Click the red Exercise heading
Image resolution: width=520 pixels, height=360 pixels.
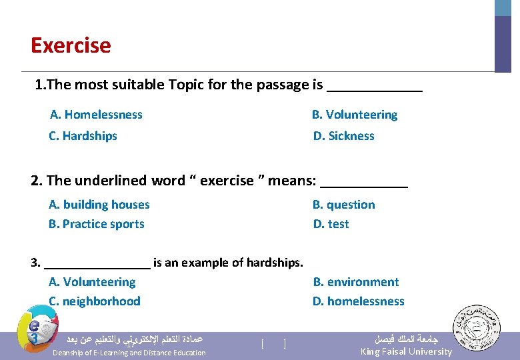point(71,46)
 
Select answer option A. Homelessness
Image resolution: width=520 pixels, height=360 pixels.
point(96,115)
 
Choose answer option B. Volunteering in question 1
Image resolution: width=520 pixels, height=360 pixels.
point(355,115)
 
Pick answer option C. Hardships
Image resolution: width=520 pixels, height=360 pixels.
point(83,136)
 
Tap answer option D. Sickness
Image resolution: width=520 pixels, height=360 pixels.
point(344,136)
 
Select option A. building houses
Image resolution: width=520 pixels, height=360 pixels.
point(99,205)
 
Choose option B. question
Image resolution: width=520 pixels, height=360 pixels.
point(344,205)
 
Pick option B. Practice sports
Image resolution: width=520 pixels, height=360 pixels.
point(96,224)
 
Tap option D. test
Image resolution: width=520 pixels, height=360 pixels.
point(331,224)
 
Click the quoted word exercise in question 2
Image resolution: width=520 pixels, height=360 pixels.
point(227,181)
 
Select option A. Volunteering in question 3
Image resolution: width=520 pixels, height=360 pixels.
point(92,282)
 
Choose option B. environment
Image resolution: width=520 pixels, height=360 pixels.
point(356,282)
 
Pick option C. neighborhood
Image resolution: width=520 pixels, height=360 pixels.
point(95,301)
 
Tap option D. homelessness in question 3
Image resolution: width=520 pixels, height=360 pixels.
point(359,301)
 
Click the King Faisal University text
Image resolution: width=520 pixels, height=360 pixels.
point(406,351)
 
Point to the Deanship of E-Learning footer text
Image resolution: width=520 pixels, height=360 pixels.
point(129,353)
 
